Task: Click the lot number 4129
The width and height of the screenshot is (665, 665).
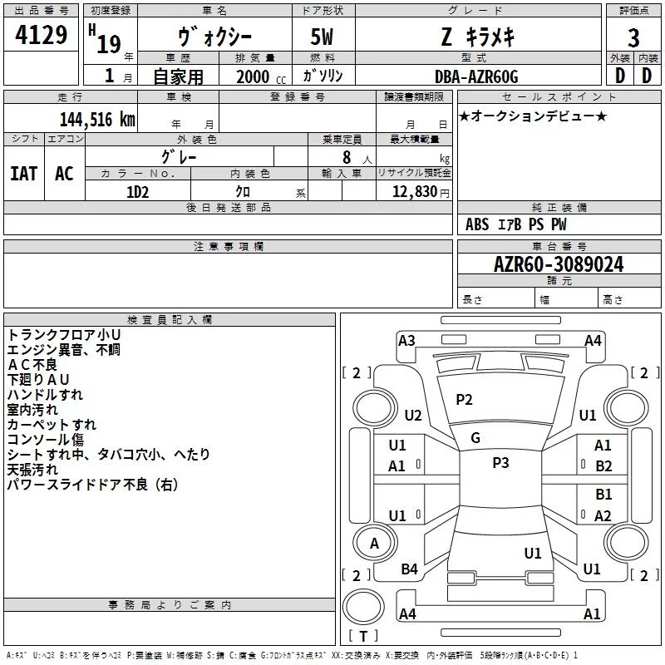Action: coord(42,37)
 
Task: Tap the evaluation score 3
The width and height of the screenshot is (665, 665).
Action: coord(633,37)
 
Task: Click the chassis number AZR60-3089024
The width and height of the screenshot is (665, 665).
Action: coord(559,264)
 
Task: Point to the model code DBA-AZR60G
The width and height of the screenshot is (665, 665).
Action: coord(476,76)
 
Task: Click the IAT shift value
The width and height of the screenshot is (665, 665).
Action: coord(23,173)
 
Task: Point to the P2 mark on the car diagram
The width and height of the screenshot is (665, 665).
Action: coord(464,400)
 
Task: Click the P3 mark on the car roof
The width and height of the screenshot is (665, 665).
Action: coord(500,463)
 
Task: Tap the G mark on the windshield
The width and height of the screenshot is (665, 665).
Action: coord(475,438)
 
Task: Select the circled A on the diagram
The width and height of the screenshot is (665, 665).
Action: coord(374,544)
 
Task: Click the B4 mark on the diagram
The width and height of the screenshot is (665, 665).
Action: coord(410,569)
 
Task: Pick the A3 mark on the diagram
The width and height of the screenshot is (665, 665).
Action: coord(406,341)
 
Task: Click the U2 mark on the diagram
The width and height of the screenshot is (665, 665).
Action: coord(413,416)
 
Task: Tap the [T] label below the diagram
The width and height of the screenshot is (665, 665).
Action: coord(362,637)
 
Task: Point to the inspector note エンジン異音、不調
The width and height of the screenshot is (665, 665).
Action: coord(63,350)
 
